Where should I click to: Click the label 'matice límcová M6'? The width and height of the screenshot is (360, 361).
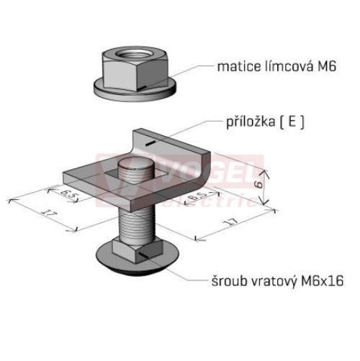click(276, 66)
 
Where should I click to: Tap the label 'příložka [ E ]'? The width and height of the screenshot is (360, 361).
click(265, 122)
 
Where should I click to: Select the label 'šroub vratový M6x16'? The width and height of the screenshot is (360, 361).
click(277, 280)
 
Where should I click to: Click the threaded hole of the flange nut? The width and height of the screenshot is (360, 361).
click(134, 54)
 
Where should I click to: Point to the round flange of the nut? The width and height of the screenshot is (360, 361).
click(135, 92)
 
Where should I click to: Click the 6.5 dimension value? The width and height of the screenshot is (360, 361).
click(68, 193)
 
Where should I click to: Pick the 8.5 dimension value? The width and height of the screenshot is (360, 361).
click(198, 196)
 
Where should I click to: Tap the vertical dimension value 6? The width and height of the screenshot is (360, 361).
click(258, 184)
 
